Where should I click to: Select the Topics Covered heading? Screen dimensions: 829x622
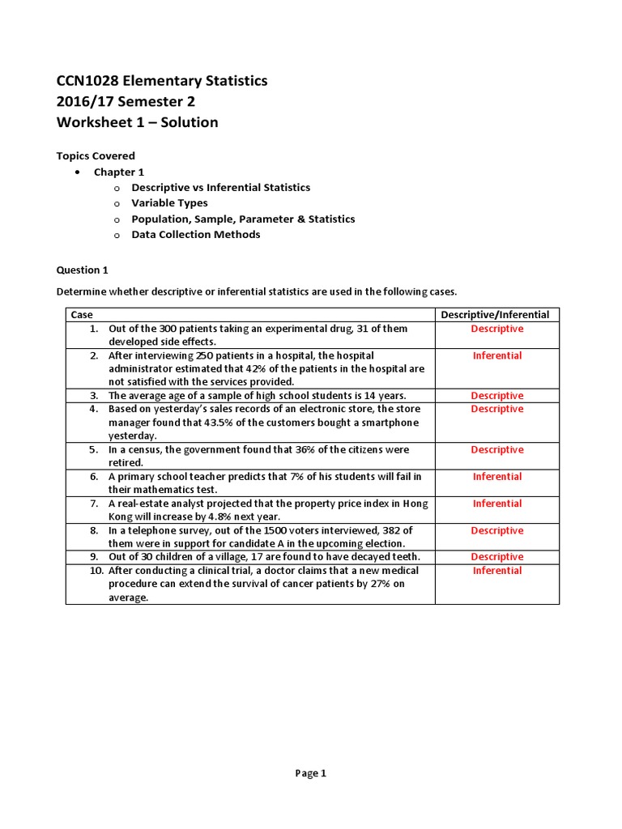96,155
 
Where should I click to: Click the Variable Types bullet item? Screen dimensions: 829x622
169,203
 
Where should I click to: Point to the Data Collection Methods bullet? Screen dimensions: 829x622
196,235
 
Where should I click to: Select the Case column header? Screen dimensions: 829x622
82,314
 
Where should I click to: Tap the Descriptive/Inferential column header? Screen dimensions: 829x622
496,314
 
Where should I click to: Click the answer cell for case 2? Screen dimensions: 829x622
497,355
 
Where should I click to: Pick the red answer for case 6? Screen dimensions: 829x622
497,477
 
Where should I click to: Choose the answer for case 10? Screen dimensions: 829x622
497,571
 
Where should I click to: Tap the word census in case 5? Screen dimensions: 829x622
146,449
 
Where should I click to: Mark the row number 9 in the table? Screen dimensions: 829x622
94,557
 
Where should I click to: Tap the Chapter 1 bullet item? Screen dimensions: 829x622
118,172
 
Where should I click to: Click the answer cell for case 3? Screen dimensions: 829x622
497,396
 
